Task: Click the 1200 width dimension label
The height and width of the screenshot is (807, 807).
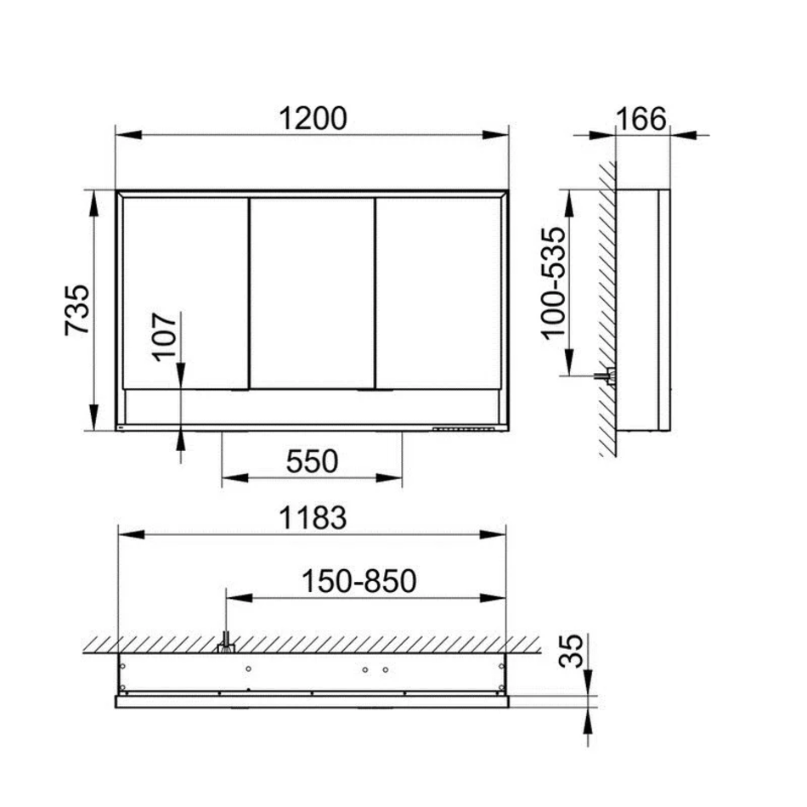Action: click(x=313, y=118)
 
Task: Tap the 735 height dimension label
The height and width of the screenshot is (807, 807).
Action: click(x=77, y=310)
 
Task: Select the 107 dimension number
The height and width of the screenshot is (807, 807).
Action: click(x=165, y=336)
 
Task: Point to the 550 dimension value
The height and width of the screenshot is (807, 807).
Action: click(x=312, y=461)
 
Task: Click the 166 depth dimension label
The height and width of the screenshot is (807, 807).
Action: click(x=641, y=119)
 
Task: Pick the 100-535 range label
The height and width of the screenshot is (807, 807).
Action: click(x=554, y=283)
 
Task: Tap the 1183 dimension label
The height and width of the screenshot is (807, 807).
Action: click(x=313, y=518)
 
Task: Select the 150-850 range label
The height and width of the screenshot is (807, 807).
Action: click(x=358, y=581)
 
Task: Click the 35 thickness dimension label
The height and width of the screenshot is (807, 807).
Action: click(x=572, y=651)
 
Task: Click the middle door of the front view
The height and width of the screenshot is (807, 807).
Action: click(x=312, y=293)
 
